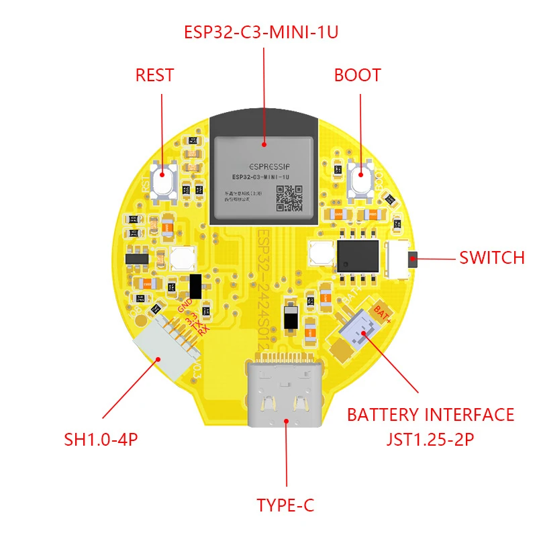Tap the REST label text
(x=154, y=75)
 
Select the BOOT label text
(x=357, y=75)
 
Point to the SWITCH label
(x=491, y=258)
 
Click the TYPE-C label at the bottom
(x=285, y=505)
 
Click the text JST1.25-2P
(x=430, y=440)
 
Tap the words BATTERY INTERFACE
(x=430, y=415)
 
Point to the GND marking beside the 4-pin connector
(x=185, y=306)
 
